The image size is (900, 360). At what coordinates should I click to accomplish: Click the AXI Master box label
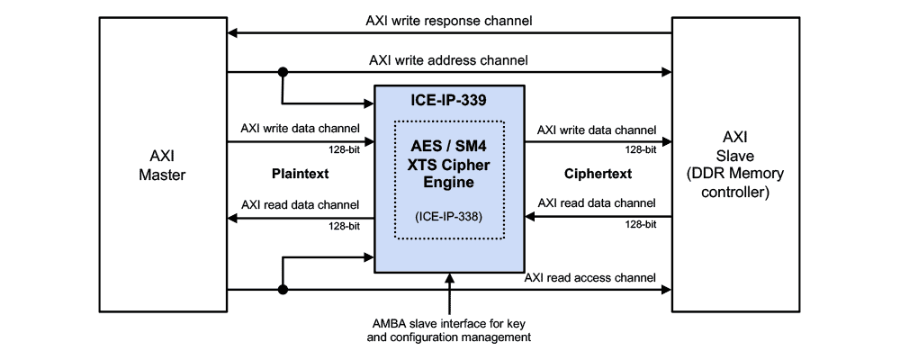[162, 166]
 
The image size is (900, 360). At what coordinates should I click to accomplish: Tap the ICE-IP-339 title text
[448, 100]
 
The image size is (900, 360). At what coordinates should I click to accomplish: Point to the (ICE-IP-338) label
[448, 216]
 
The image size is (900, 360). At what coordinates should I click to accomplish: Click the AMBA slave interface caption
[448, 330]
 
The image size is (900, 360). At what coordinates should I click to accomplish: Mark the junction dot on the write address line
[283, 73]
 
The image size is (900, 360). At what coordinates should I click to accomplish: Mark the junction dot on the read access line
[283, 290]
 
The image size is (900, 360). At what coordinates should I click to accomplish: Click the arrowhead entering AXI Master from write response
[233, 34]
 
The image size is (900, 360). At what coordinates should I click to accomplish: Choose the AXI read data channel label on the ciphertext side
[597, 203]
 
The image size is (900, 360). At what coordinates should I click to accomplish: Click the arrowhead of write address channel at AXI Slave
[666, 73]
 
